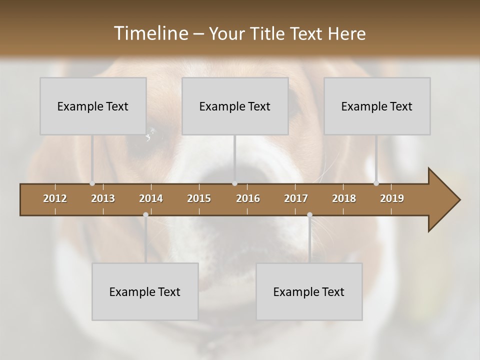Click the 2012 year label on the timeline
pyautogui.click(x=55, y=198)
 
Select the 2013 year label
pyautogui.click(x=103, y=198)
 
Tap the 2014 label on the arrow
pyautogui.click(x=151, y=198)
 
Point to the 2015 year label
pyautogui.click(x=199, y=198)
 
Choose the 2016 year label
pyautogui.click(x=248, y=198)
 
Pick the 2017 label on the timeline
pyautogui.click(x=296, y=198)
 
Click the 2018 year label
pyautogui.click(x=344, y=198)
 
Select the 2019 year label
pyautogui.click(x=392, y=198)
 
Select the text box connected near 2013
pyautogui.click(x=93, y=106)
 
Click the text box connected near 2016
pyautogui.click(x=235, y=106)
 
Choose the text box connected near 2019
pyautogui.click(x=377, y=106)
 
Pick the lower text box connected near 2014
pyautogui.click(x=145, y=291)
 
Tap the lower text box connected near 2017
pyautogui.click(x=309, y=291)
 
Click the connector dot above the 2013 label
pyautogui.click(x=92, y=183)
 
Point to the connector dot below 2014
pyautogui.click(x=145, y=215)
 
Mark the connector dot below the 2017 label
pyautogui.click(x=309, y=215)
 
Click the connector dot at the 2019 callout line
pyautogui.click(x=376, y=183)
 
